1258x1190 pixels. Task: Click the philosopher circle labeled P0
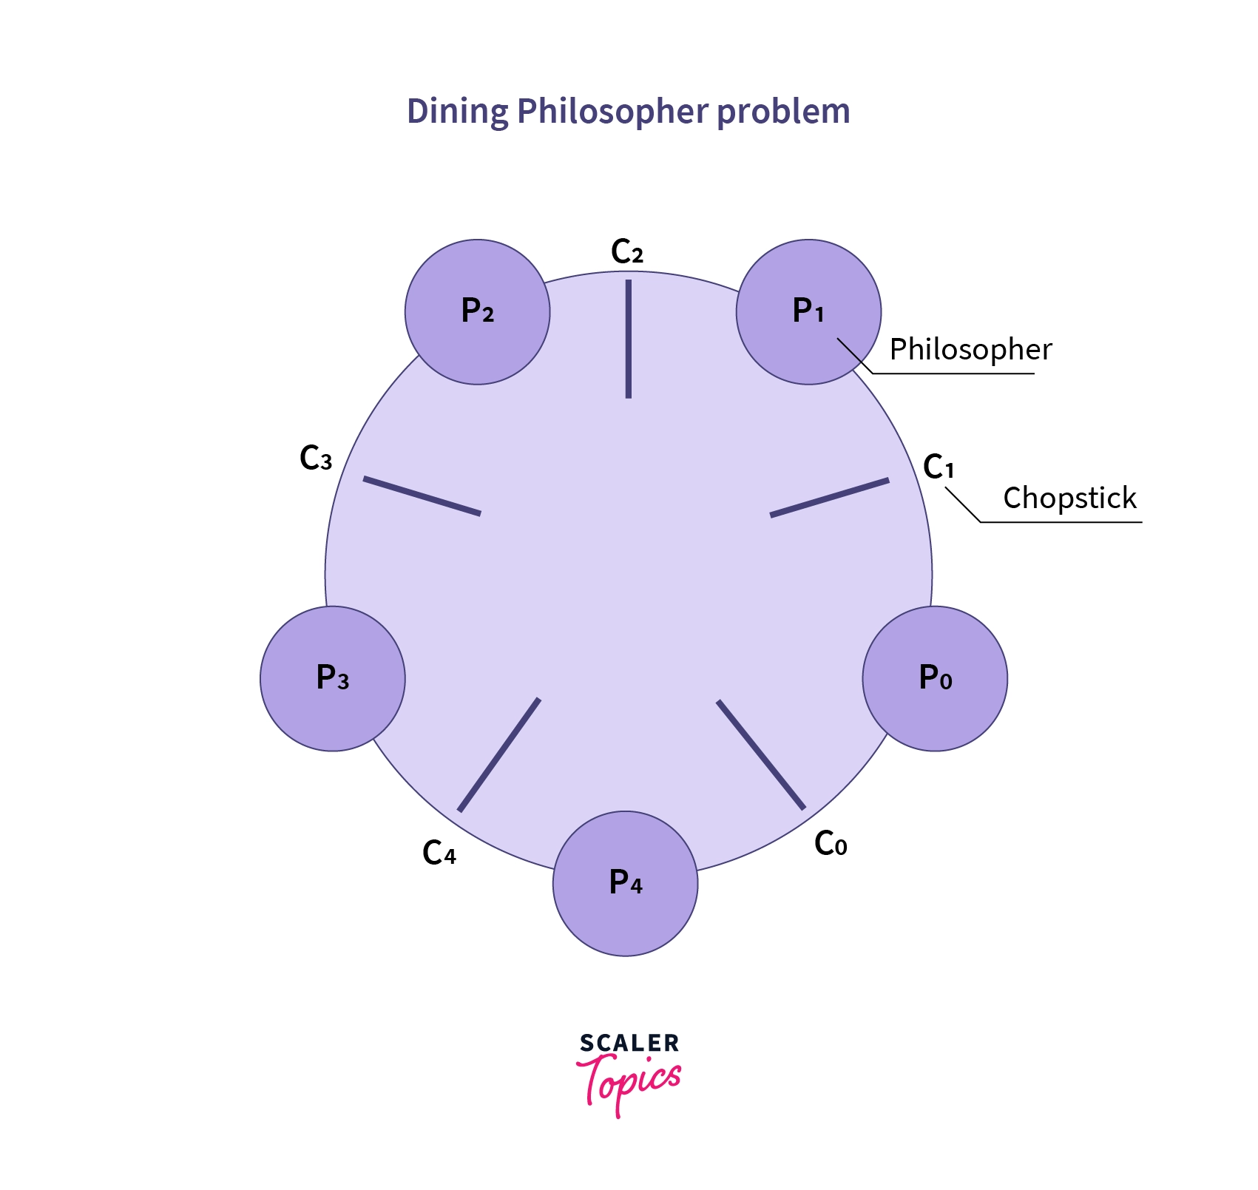(x=935, y=678)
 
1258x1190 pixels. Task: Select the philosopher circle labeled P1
(x=808, y=311)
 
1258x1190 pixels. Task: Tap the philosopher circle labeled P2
(x=477, y=311)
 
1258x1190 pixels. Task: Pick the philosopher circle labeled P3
(x=332, y=678)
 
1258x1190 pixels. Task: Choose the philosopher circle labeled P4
(x=625, y=883)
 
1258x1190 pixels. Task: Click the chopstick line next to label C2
(x=628, y=339)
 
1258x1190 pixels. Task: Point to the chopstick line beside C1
(x=829, y=497)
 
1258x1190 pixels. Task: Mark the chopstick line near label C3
(x=422, y=496)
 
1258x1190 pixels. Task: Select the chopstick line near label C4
(x=499, y=754)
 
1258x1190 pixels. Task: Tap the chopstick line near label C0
(x=760, y=754)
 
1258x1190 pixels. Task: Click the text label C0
(x=830, y=843)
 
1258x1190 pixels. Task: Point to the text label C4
(x=439, y=853)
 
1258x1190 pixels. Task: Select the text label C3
(x=316, y=459)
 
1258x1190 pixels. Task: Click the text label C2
(x=626, y=252)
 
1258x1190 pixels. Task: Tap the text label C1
(x=939, y=467)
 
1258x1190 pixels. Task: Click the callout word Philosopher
(x=970, y=349)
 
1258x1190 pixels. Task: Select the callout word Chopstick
(x=1069, y=498)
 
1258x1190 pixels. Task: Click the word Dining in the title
(x=457, y=112)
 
